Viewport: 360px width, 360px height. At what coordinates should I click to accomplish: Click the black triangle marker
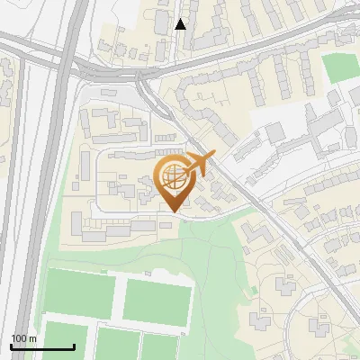tap(181, 24)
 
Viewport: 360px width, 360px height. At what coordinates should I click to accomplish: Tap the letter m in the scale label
tap(32, 338)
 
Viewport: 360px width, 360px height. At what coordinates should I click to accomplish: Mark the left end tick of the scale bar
tap(11, 345)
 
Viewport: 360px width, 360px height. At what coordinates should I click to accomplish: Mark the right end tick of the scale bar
tap(74, 345)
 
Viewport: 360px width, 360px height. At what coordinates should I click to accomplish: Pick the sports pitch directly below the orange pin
tap(158, 301)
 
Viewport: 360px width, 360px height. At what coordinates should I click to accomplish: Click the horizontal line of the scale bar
tap(42, 346)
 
